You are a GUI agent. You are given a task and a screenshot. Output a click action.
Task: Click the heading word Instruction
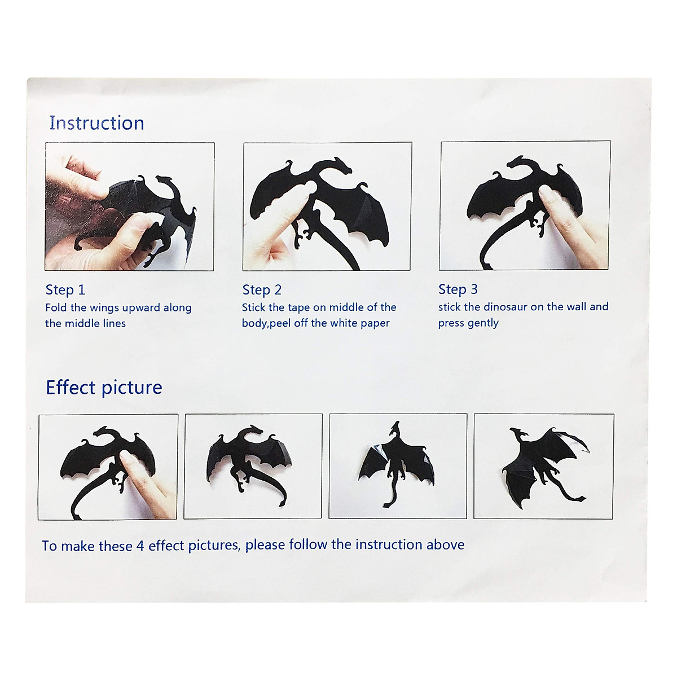click(x=96, y=123)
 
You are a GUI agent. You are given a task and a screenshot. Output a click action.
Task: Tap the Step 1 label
click(x=65, y=290)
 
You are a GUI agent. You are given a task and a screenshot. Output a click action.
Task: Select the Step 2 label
click(x=262, y=290)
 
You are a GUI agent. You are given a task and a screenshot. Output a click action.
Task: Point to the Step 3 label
click(x=458, y=289)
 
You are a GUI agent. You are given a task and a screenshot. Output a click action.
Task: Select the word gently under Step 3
click(x=483, y=323)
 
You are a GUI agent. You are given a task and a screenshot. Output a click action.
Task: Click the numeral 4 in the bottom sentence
click(x=140, y=546)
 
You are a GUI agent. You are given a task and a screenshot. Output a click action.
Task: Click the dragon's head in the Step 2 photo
click(x=341, y=166)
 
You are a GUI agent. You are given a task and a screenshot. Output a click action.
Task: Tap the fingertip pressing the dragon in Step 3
click(x=546, y=194)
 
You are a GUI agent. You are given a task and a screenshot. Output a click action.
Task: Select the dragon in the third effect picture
click(x=397, y=463)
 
